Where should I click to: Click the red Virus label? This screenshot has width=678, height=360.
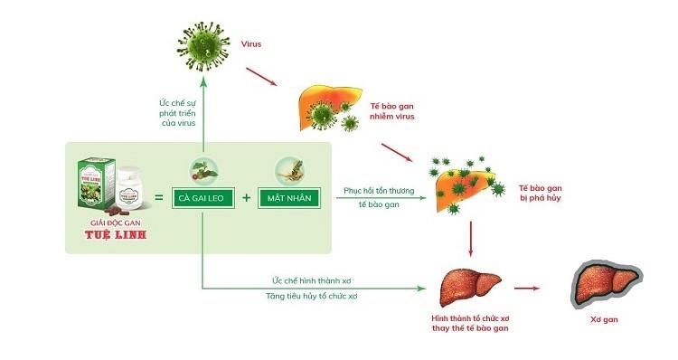point(250,43)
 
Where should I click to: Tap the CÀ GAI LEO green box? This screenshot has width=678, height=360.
point(202,197)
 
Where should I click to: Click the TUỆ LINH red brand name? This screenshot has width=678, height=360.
point(110,237)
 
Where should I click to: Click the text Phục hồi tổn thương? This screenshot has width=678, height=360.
point(376,192)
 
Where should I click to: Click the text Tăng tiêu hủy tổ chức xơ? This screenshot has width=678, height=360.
point(311,297)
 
